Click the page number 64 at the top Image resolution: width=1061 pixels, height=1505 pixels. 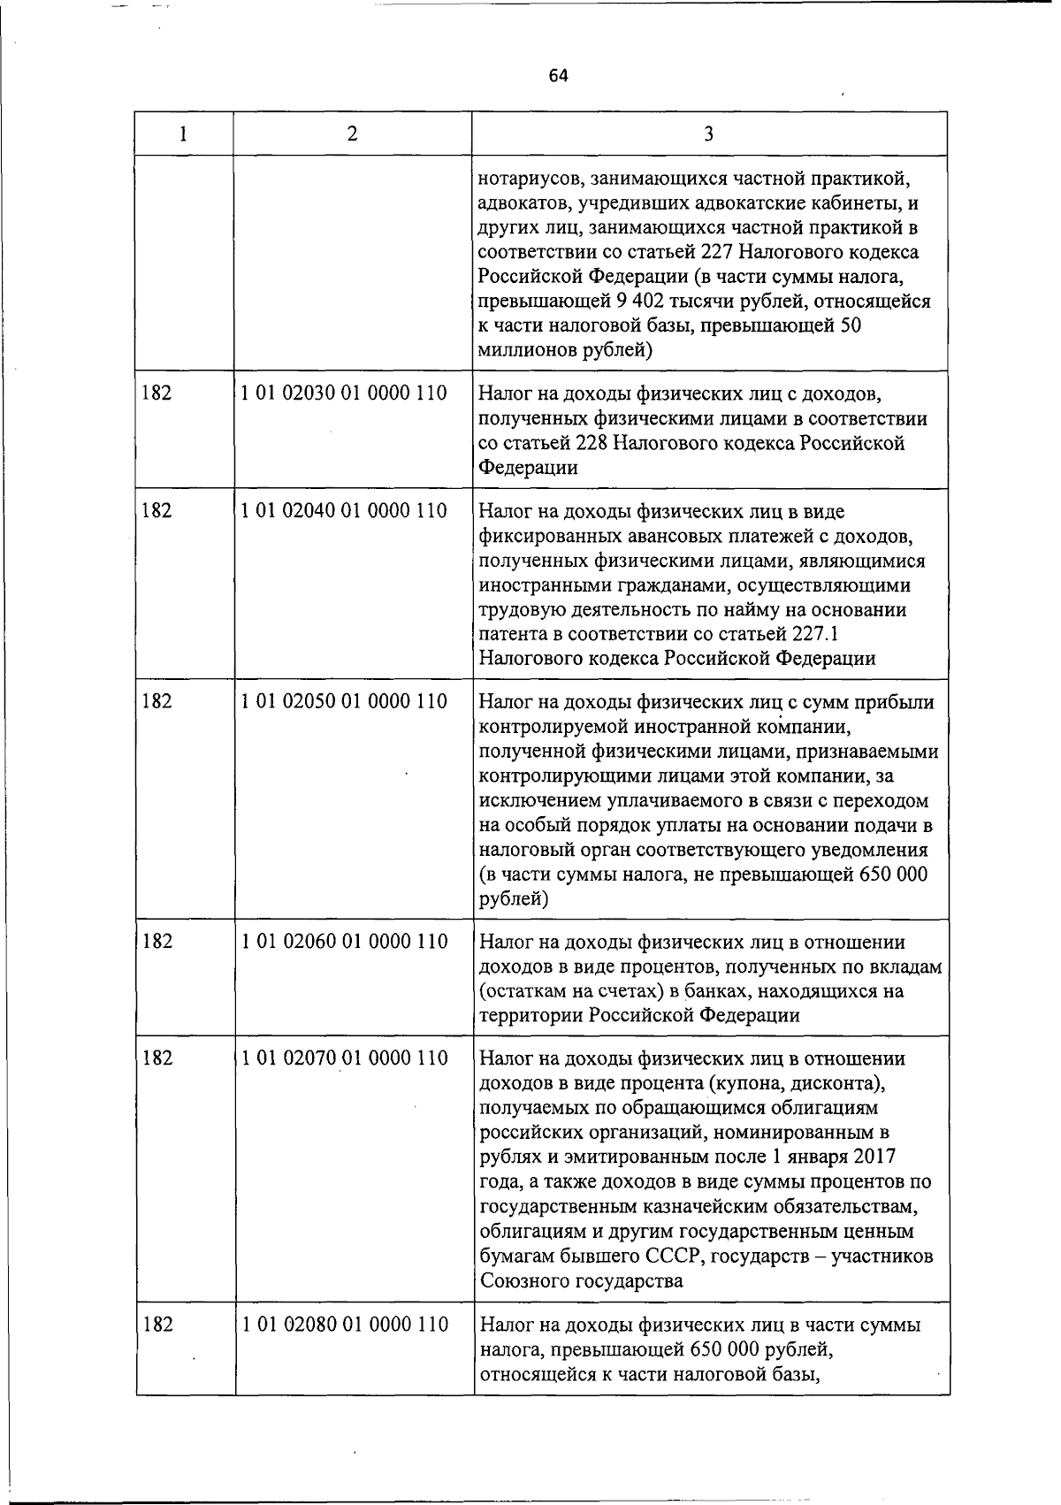pyautogui.click(x=558, y=75)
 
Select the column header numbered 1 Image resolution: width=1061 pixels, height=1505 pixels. pyautogui.click(x=183, y=134)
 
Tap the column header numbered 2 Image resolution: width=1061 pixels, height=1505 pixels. pyautogui.click(x=353, y=134)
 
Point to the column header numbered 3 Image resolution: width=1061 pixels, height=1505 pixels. pyautogui.click(x=708, y=134)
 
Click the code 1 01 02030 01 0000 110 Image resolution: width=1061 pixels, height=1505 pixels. pyautogui.click(x=344, y=393)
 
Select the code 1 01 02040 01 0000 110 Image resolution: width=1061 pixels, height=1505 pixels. pyautogui.click(x=344, y=511)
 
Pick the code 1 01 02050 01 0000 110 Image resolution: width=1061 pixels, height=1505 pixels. pyautogui.click(x=344, y=702)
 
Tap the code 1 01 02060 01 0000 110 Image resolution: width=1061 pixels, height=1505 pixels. pyautogui.click(x=344, y=942)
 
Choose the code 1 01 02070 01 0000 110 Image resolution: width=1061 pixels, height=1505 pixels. pyautogui.click(x=344, y=1058)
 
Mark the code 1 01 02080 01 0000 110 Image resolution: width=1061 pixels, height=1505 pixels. pyautogui.click(x=344, y=1325)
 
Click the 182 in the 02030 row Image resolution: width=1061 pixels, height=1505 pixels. pyautogui.click(x=156, y=393)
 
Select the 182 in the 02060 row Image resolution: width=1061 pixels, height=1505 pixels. pyautogui.click(x=156, y=942)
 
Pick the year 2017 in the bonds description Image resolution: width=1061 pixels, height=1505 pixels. pyautogui.click(x=875, y=1157)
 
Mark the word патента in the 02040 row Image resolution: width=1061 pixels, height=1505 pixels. pyautogui.click(x=513, y=634)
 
